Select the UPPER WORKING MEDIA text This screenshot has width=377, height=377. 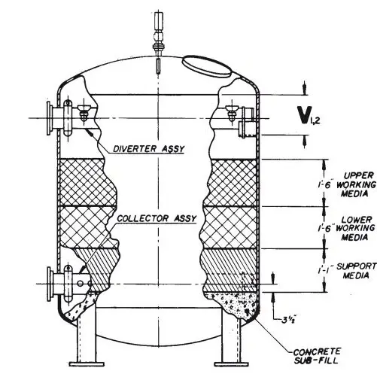click(351, 181)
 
